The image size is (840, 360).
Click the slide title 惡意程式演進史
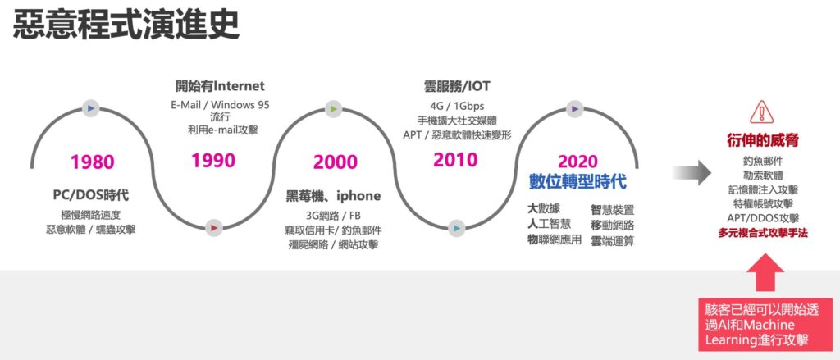tap(126, 25)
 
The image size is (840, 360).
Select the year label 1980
tap(93, 162)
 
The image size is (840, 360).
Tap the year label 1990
tap(213, 160)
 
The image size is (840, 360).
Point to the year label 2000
tap(336, 162)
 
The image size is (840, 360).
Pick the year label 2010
tap(455, 160)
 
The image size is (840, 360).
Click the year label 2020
tap(577, 162)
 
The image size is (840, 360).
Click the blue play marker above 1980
tap(90, 108)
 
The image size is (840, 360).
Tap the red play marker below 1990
tap(214, 228)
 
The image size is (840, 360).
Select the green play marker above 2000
tap(333, 109)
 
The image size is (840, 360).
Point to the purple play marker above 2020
tap(575, 109)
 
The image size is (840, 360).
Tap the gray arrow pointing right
tap(692, 172)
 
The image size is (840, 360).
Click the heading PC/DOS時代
tap(91, 195)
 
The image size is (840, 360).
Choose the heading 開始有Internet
tap(220, 86)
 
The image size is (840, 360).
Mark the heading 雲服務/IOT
tap(456, 86)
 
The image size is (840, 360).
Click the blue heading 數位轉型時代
tap(577, 181)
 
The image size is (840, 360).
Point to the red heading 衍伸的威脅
tap(763, 141)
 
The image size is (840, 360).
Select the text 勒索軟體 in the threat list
tap(763, 175)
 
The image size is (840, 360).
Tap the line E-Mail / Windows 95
tap(220, 105)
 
